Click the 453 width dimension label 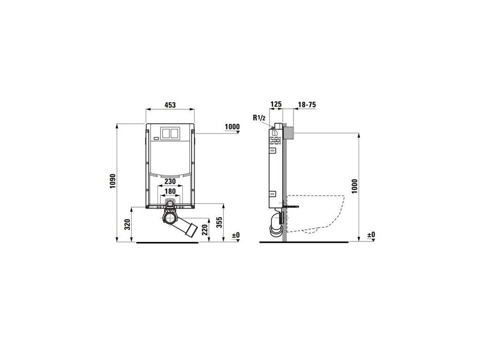click(170, 105)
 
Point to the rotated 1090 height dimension click(113, 181)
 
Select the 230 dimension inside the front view click(170, 181)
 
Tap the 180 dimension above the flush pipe click(170, 192)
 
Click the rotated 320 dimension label click(128, 225)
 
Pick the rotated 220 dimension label click(205, 229)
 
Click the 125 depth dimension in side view click(276, 105)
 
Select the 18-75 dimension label click(307, 105)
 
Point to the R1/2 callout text click(259, 118)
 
